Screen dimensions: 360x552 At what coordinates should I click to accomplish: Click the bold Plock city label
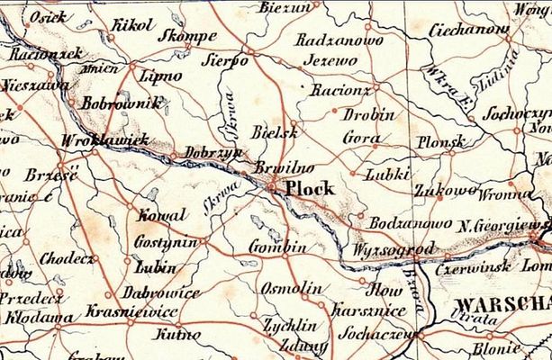(309, 190)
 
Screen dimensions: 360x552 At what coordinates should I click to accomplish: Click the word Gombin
(277, 247)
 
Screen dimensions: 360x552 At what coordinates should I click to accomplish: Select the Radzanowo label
(339, 41)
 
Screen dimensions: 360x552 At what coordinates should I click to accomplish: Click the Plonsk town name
(440, 142)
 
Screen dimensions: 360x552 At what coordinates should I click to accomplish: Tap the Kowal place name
(162, 215)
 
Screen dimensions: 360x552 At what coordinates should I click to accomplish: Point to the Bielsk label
(275, 131)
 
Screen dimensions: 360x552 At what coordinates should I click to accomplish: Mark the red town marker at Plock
(273, 187)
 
